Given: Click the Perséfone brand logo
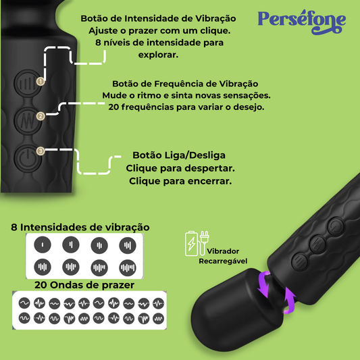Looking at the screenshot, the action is pos(302,22).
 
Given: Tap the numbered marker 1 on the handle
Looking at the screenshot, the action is pos(41,81).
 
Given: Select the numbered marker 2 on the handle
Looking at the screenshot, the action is pos(41,116).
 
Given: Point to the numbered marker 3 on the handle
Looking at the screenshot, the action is pos(41,151).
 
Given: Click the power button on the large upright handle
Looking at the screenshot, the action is pos(28,158).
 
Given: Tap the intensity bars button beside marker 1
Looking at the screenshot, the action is pos(27,83).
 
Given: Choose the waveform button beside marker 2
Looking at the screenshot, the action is pos(28,120).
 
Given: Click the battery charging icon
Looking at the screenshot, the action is pos(191,243).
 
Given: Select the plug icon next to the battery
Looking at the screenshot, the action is pos(204,243).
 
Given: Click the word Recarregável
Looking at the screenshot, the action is pos(223,261).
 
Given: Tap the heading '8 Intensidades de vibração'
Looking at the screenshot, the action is pos(80,228).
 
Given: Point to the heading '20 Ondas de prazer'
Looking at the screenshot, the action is pos(84,285).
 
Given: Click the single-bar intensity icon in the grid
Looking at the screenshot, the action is pos(43,245).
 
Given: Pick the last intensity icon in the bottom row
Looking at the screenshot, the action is pos(128,267).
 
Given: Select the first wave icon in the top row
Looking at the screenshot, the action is pos(24,303).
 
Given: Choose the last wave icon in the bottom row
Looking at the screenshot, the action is pos(159,318).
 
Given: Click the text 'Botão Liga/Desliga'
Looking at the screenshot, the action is pos(179,155).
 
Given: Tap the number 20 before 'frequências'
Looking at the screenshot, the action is pos(113,107).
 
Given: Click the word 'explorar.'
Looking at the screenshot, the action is pos(158,55).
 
